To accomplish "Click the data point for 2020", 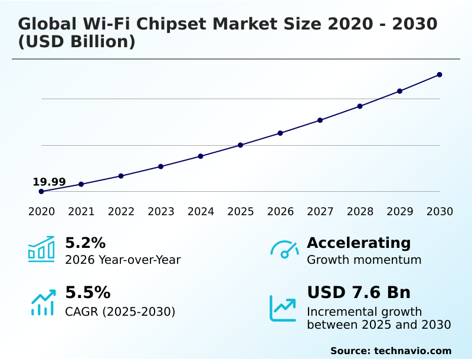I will (41, 191).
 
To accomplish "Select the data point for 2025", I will (240, 145).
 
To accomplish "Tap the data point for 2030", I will (440, 74).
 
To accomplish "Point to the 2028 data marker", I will (360, 106).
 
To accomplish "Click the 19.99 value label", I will (49, 182).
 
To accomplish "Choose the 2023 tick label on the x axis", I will (160, 211).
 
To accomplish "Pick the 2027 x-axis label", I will (320, 211).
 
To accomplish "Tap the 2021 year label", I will (81, 211).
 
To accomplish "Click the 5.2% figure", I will (85, 243).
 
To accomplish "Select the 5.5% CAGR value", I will (87, 293).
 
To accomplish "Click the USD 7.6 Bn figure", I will (359, 293).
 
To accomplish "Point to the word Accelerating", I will (359, 243).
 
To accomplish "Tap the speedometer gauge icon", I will (284, 250).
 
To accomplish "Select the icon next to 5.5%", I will (42, 302).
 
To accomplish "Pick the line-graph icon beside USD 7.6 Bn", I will (283, 308).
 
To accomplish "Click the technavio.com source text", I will (412, 351).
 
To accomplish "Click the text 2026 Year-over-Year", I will (123, 260).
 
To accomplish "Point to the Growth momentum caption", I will (364, 260).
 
